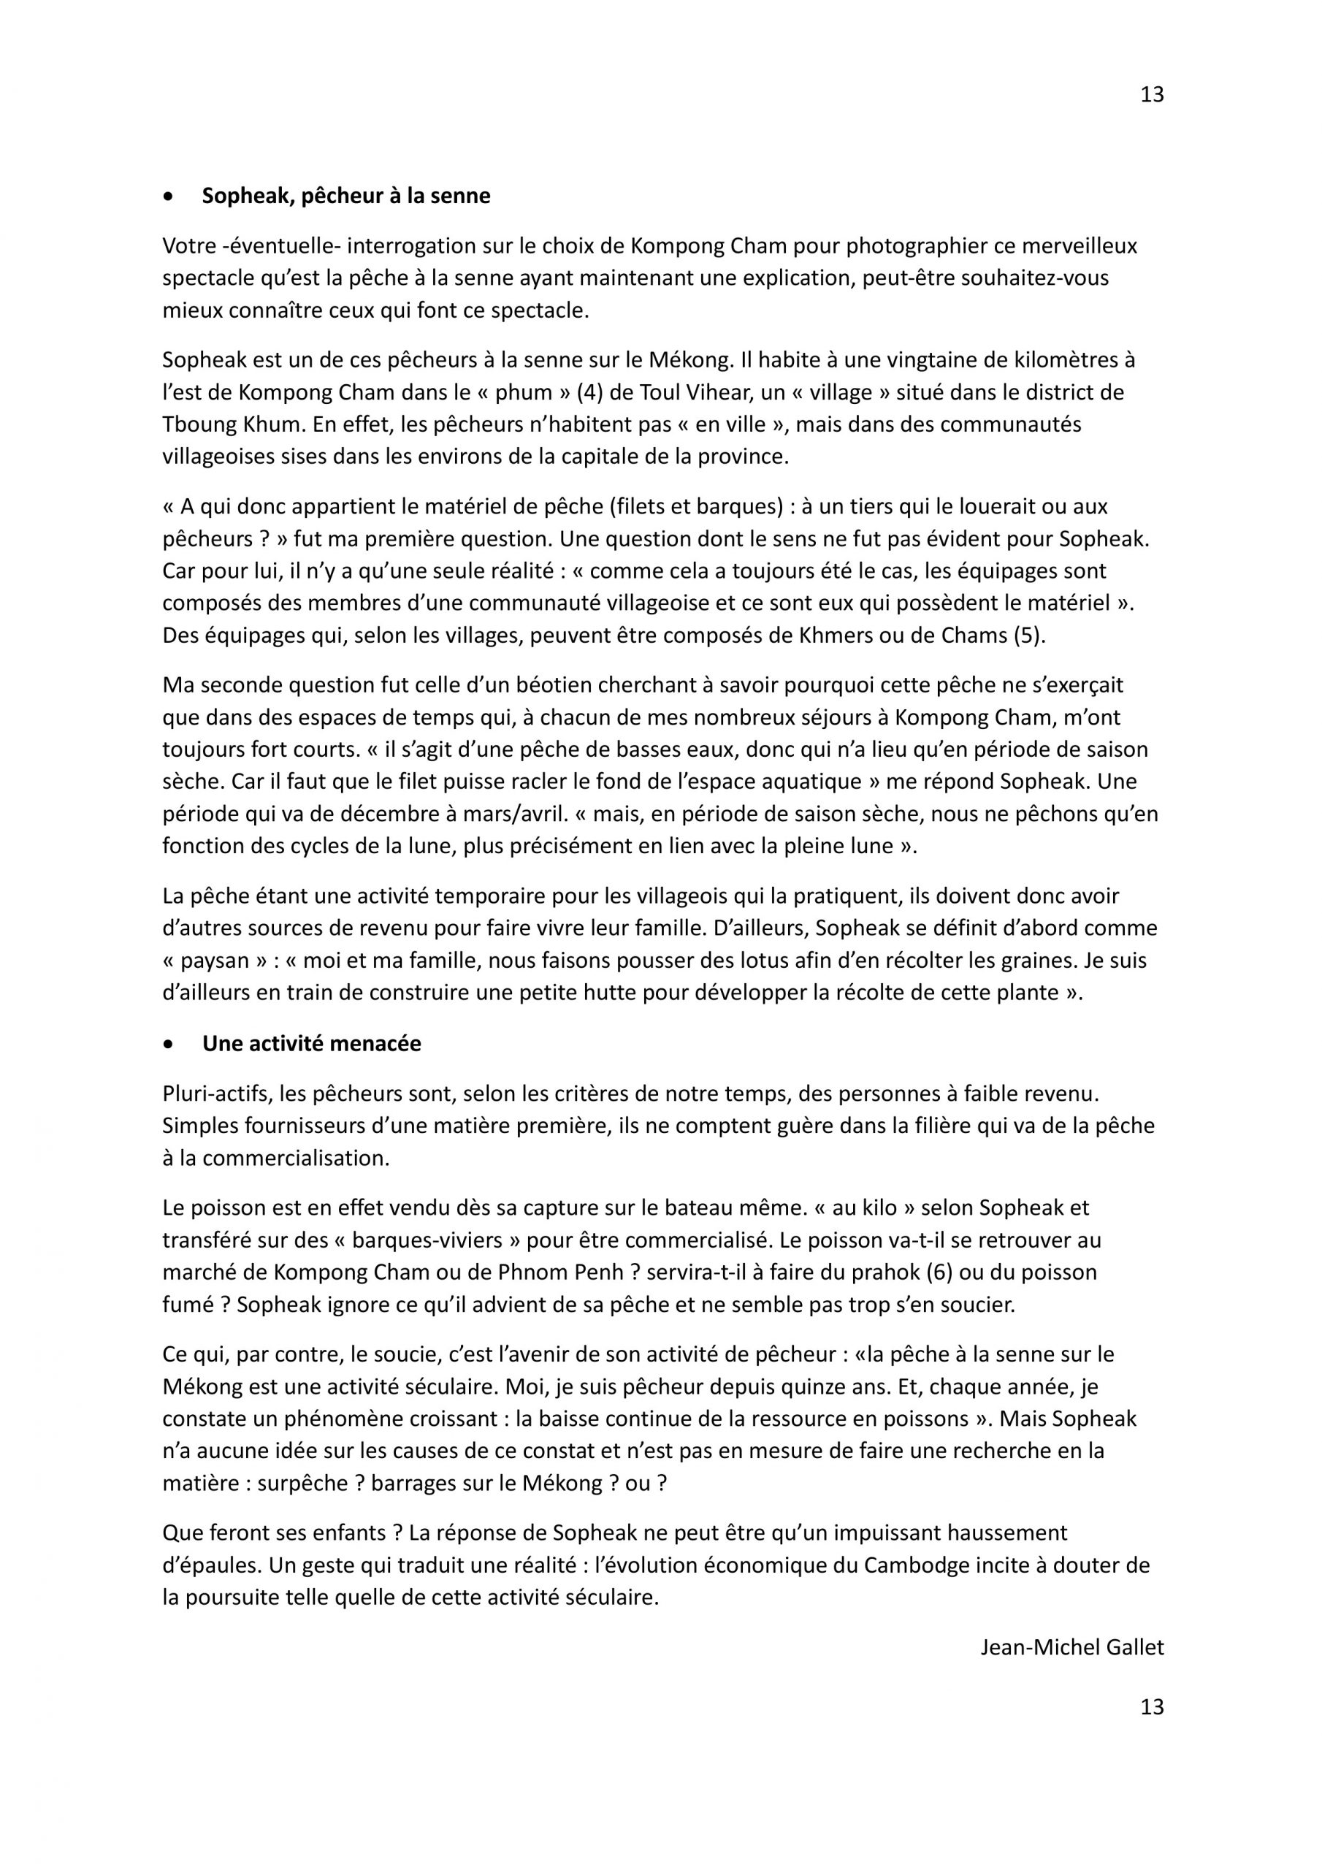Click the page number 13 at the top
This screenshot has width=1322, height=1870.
click(x=1152, y=95)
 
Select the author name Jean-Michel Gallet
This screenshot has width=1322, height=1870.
click(x=1072, y=1646)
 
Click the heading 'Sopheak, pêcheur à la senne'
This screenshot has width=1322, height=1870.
click(x=346, y=196)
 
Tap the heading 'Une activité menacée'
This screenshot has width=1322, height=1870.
click(x=312, y=1044)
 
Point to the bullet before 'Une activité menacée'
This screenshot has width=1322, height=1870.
click(x=169, y=1045)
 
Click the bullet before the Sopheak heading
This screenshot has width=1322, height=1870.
click(x=169, y=197)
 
